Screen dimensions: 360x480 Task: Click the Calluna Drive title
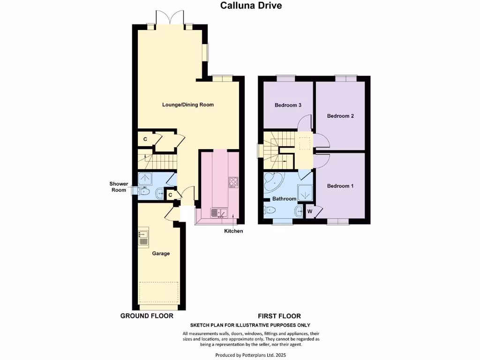(251, 6)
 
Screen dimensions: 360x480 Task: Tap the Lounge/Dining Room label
(188, 105)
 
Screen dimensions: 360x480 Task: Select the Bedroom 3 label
(288, 105)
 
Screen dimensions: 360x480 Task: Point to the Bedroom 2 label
(340, 116)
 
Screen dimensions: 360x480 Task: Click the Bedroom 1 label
(340, 186)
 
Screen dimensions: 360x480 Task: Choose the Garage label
(161, 253)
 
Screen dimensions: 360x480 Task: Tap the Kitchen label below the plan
(233, 231)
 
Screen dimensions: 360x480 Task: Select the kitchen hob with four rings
(233, 182)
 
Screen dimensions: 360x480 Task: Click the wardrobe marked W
(310, 211)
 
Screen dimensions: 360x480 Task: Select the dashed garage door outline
(159, 292)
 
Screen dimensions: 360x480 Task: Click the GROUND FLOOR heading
(147, 316)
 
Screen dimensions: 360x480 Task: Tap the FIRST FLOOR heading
(279, 316)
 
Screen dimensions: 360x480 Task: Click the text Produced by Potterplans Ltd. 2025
(250, 355)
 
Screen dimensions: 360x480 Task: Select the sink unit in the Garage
(143, 239)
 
